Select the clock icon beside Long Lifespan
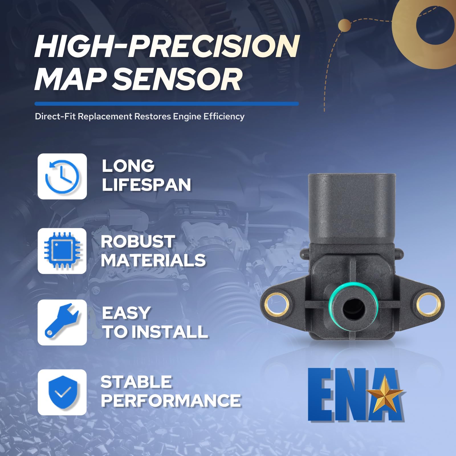[x=62, y=176]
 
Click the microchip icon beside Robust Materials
[x=62, y=251]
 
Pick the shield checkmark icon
[x=62, y=392]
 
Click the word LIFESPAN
[x=146, y=185]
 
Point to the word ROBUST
[x=138, y=242]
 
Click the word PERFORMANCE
[x=171, y=401]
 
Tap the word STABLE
[x=136, y=382]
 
